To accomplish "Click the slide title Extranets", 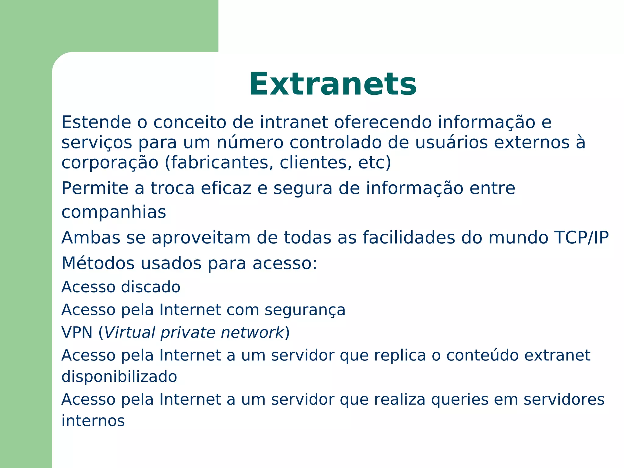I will [333, 84].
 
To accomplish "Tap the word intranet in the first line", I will [294, 122].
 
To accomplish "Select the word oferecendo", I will [383, 122].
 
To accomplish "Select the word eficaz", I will [226, 188].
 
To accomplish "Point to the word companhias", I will [114, 212].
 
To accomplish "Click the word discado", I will [151, 287].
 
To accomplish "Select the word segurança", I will [305, 310].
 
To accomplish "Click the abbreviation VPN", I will [77, 332].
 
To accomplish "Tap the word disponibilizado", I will [119, 377].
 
